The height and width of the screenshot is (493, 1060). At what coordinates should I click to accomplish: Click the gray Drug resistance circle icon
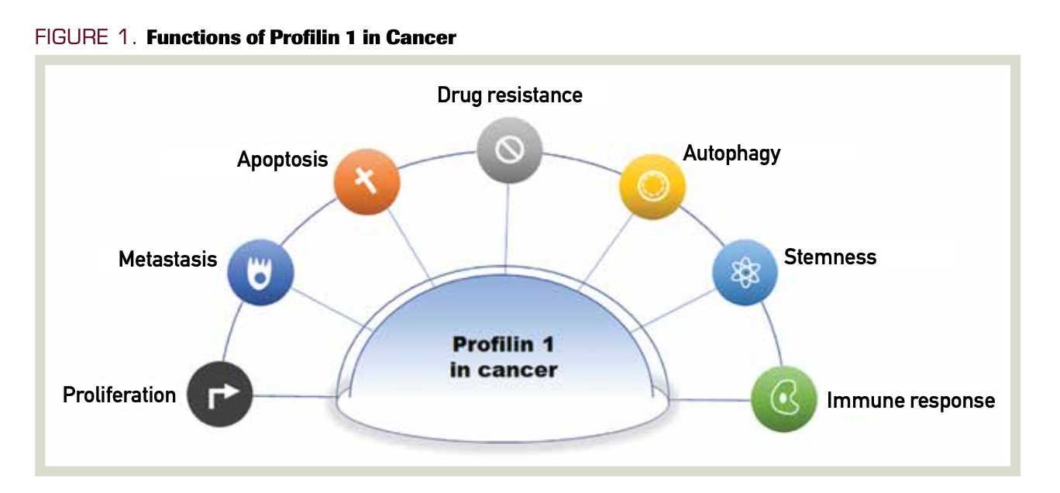[509, 150]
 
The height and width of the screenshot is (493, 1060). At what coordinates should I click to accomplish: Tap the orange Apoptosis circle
[367, 183]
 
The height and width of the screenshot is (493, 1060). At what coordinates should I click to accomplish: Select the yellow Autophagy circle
[652, 187]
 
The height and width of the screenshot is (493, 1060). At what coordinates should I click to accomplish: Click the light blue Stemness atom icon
[745, 271]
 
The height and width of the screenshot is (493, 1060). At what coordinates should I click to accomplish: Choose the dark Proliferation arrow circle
[221, 395]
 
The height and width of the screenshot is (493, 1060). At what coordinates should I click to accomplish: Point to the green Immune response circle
[784, 398]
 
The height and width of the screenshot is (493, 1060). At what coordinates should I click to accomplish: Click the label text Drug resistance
[509, 95]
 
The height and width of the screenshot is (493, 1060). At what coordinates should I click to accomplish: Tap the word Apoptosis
[282, 160]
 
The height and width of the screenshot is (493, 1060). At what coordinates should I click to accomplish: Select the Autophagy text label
[731, 153]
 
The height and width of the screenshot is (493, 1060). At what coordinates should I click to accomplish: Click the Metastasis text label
[167, 259]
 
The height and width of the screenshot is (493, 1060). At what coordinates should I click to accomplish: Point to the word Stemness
[830, 257]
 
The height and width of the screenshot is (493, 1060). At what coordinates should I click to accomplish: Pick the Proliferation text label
[119, 395]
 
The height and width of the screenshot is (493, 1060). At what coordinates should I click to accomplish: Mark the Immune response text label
[910, 400]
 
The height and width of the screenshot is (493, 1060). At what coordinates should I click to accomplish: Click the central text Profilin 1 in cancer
[503, 357]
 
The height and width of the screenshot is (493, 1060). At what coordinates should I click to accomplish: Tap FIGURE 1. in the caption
[85, 37]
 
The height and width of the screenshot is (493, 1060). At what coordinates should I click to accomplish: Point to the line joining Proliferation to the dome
[294, 396]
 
